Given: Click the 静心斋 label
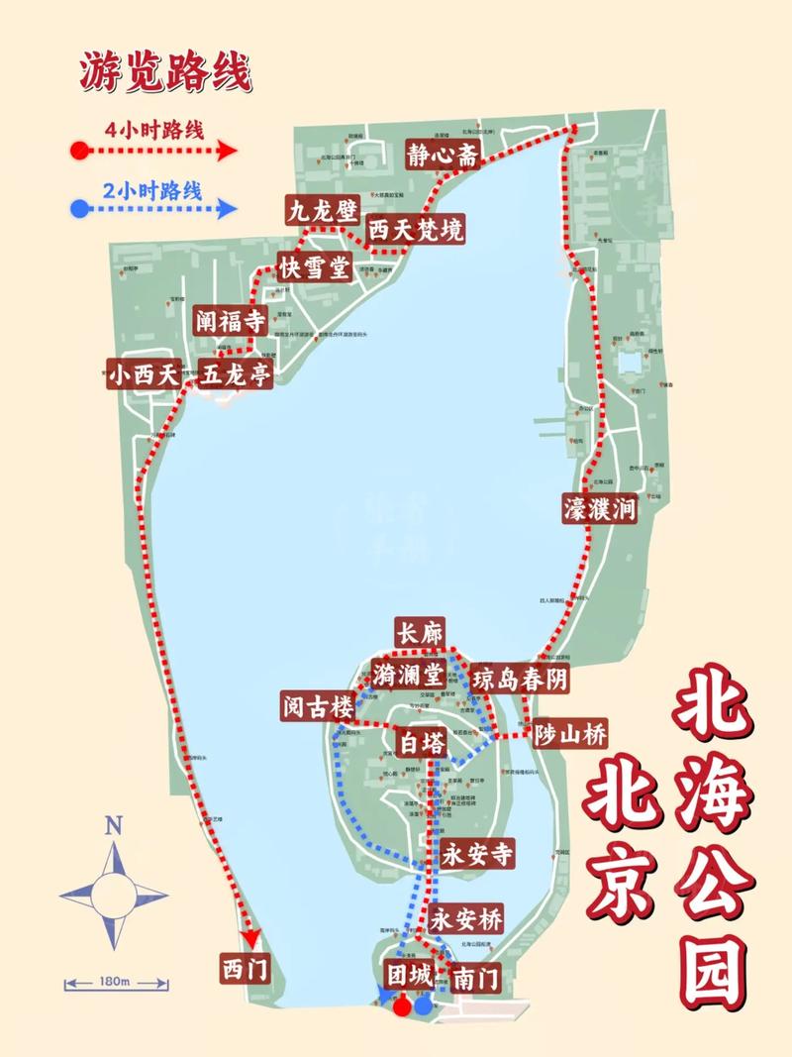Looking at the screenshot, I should click(x=443, y=156).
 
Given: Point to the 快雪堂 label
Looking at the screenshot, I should click(x=313, y=267).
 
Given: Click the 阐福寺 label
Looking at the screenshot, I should click(x=229, y=321).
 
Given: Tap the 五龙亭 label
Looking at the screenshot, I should click(x=236, y=374).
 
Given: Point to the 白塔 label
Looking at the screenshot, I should click(x=422, y=742).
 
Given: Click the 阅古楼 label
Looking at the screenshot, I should click(x=315, y=707).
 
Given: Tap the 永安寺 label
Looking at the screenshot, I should click(x=477, y=854).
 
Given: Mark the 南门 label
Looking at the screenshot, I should click(x=475, y=979).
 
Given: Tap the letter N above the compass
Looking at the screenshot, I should click(x=114, y=824).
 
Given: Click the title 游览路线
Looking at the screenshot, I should click(x=165, y=72).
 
